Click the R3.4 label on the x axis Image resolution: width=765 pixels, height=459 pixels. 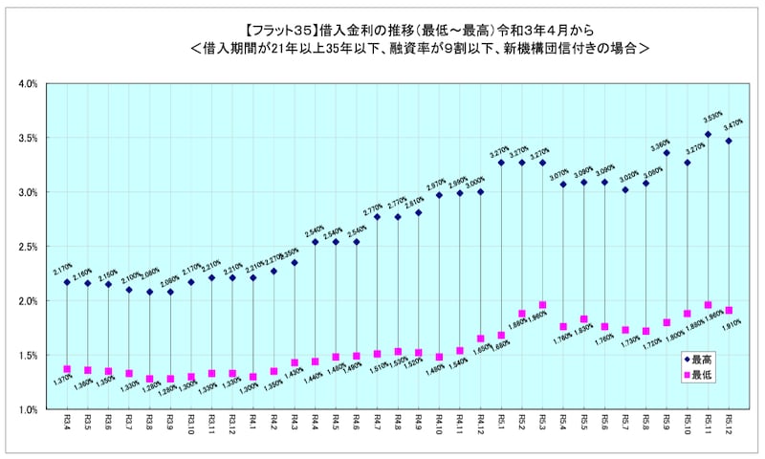point(67,422)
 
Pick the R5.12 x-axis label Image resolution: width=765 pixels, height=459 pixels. point(729,424)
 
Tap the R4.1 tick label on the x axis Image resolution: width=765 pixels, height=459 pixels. point(253,422)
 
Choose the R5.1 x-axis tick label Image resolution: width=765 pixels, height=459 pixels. point(501,422)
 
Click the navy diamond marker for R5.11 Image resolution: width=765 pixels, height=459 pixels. point(708,135)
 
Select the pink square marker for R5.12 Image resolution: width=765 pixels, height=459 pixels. point(729,311)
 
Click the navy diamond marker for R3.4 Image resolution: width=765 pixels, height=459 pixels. point(67,282)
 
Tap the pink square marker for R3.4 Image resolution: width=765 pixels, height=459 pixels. point(67,369)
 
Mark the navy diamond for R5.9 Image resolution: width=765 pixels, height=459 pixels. point(667,153)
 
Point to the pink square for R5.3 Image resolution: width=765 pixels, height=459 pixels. point(542,305)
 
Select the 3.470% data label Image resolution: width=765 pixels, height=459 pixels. point(734,125)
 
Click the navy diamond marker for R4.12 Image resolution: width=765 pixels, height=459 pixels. point(480,192)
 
